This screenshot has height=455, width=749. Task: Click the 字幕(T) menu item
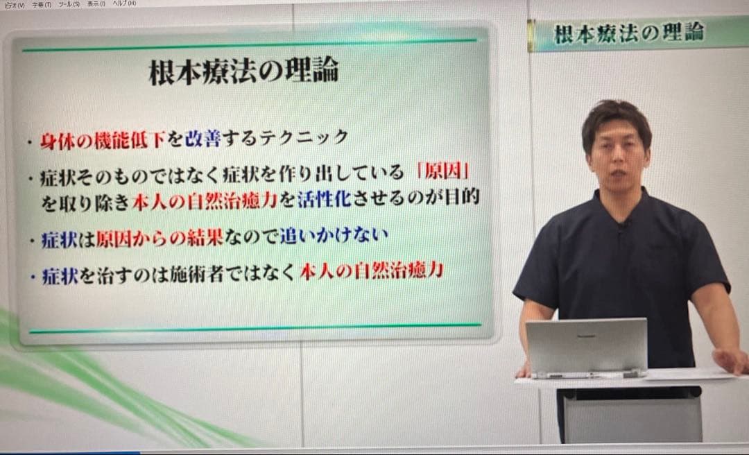click(x=42, y=4)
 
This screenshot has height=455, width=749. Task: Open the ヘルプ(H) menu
click(x=125, y=3)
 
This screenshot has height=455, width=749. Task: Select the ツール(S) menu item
click(x=69, y=4)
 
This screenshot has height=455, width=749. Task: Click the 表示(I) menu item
click(x=96, y=4)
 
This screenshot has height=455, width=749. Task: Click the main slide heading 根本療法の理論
click(x=243, y=72)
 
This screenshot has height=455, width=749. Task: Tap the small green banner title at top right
click(x=629, y=33)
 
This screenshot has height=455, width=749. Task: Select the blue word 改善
click(x=202, y=138)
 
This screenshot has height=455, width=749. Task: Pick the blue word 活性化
click(x=325, y=200)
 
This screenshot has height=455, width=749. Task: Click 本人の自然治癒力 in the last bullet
click(x=371, y=271)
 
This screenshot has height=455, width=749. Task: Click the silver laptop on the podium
click(x=586, y=348)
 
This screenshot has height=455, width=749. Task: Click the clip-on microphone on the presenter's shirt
click(x=622, y=225)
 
